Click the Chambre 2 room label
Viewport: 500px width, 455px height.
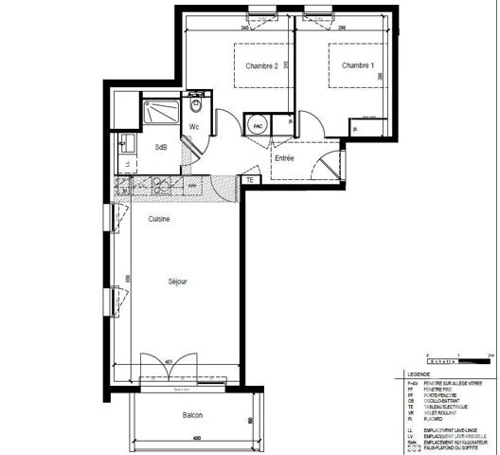[261, 66]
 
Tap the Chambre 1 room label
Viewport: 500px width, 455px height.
[358, 65]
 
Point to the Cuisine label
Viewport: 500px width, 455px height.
[158, 219]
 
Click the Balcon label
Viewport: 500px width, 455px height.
[192, 416]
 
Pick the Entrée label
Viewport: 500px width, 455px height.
[284, 158]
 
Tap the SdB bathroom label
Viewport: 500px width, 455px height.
[161, 148]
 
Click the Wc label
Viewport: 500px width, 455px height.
[194, 127]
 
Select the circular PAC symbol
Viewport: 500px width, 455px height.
[257, 126]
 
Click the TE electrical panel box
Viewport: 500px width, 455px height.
[250, 180]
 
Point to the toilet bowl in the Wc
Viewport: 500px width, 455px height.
[195, 104]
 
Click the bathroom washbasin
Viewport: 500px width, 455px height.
[124, 146]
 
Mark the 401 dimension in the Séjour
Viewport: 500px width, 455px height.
[168, 361]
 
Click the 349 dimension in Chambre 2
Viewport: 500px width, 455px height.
[244, 28]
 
